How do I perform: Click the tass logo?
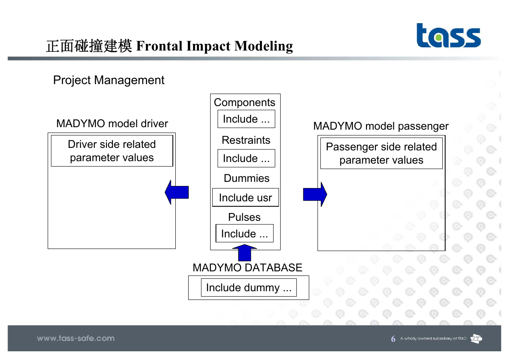(448, 36)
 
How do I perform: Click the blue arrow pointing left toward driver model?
(177, 192)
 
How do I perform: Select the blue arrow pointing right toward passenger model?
(315, 194)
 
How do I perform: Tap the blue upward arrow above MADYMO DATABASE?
(245, 253)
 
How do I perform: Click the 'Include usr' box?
(245, 197)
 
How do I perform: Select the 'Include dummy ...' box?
(249, 288)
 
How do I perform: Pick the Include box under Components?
(246, 119)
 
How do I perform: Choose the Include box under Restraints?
(246, 158)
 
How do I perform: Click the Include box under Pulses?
(245, 233)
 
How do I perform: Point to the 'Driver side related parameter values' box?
(112, 151)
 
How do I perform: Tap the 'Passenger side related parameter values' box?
(381, 153)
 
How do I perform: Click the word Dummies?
(247, 178)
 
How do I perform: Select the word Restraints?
(246, 140)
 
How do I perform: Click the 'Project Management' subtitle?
(109, 80)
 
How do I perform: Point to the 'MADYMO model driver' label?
(112, 124)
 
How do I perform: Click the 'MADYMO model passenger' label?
(381, 126)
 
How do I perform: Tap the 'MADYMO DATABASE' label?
(247, 268)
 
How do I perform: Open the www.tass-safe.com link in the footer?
(76, 338)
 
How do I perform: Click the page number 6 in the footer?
(393, 339)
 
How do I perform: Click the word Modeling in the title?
(264, 46)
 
